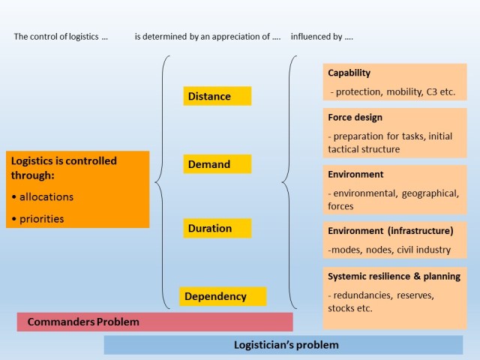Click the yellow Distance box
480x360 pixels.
point(217,96)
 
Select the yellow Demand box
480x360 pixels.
point(217,164)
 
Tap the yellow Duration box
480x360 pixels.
point(217,228)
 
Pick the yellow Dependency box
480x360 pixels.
point(223,296)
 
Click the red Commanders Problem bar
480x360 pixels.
point(154,322)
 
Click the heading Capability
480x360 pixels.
point(349,73)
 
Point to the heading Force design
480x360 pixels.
point(355,118)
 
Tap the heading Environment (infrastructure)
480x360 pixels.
point(390,230)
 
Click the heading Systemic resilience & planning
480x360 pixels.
point(394,276)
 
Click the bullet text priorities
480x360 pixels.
point(43,219)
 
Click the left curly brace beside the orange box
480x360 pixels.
point(160,181)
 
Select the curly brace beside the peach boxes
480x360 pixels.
point(286,181)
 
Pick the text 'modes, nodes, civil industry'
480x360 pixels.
point(389,249)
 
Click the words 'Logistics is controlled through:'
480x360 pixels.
point(63,168)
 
